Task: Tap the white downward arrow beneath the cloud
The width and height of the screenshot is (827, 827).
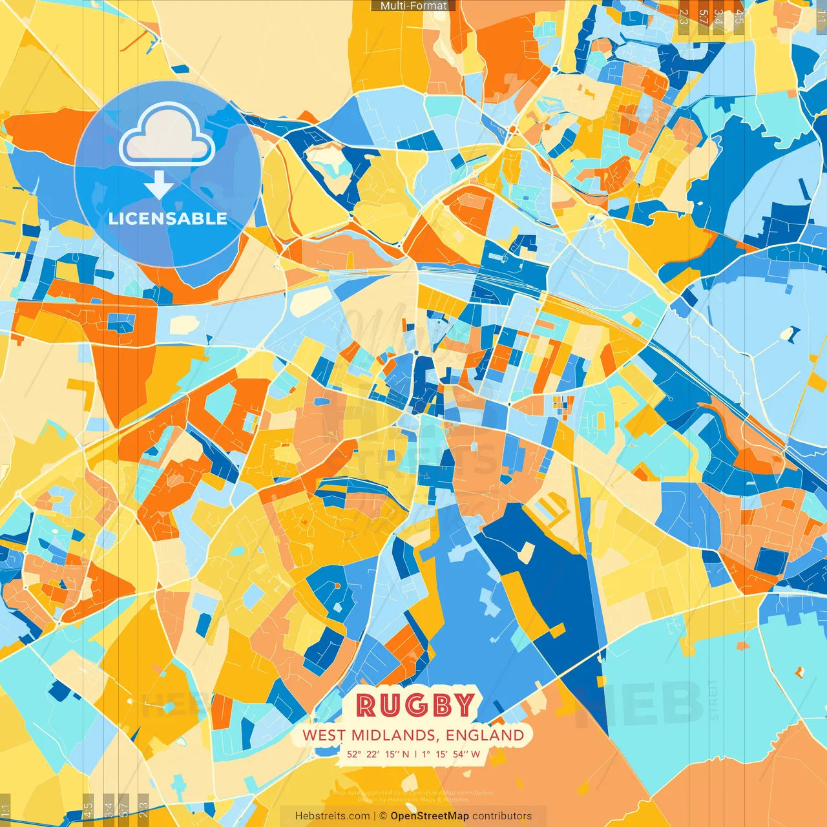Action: pyautogui.click(x=159, y=185)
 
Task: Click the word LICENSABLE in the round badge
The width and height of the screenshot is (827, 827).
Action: pyautogui.click(x=168, y=218)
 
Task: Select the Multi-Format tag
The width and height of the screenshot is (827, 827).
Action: pyautogui.click(x=413, y=6)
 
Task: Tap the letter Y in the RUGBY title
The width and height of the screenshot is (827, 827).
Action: pyautogui.click(x=464, y=706)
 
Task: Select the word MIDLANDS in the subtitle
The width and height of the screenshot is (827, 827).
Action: pyautogui.click(x=393, y=735)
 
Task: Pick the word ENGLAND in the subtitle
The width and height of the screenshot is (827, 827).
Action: pyautogui.click(x=485, y=735)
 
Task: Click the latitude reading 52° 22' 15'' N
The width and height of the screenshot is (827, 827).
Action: pyautogui.click(x=378, y=754)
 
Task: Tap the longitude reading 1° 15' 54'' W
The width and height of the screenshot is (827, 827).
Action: pyautogui.click(x=451, y=754)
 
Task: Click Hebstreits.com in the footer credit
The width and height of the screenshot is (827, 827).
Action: pyautogui.click(x=332, y=816)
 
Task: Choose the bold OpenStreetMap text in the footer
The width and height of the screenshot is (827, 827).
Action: pyautogui.click(x=430, y=816)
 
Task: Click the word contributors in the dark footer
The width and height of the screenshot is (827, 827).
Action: pyautogui.click(x=502, y=816)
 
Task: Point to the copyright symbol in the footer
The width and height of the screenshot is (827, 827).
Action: pyautogui.click(x=383, y=816)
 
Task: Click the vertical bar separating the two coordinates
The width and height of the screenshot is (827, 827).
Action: pyautogui.click(x=415, y=754)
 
